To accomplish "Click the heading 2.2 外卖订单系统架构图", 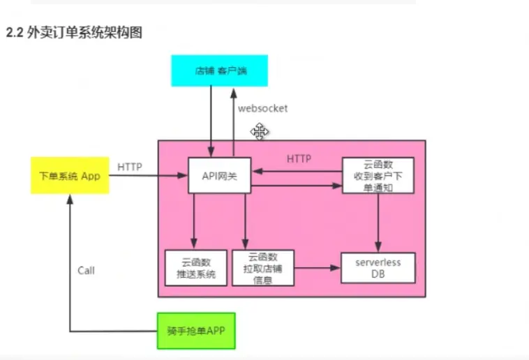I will point(74,33).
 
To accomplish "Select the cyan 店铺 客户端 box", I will point(218,71).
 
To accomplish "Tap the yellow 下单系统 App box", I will point(70,176).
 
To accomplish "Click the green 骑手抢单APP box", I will point(197,331).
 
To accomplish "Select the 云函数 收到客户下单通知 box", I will point(378,176).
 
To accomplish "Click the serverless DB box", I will point(377,268).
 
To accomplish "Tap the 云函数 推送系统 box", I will point(195,268).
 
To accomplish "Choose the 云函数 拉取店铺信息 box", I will point(263,268).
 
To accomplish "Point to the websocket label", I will point(262,109).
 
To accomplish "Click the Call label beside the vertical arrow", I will point(86,270).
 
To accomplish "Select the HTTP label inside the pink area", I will point(299,159).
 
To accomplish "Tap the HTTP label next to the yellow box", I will point(130,167).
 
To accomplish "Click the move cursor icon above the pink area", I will point(260,131).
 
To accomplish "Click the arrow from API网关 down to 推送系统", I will point(195,220).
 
